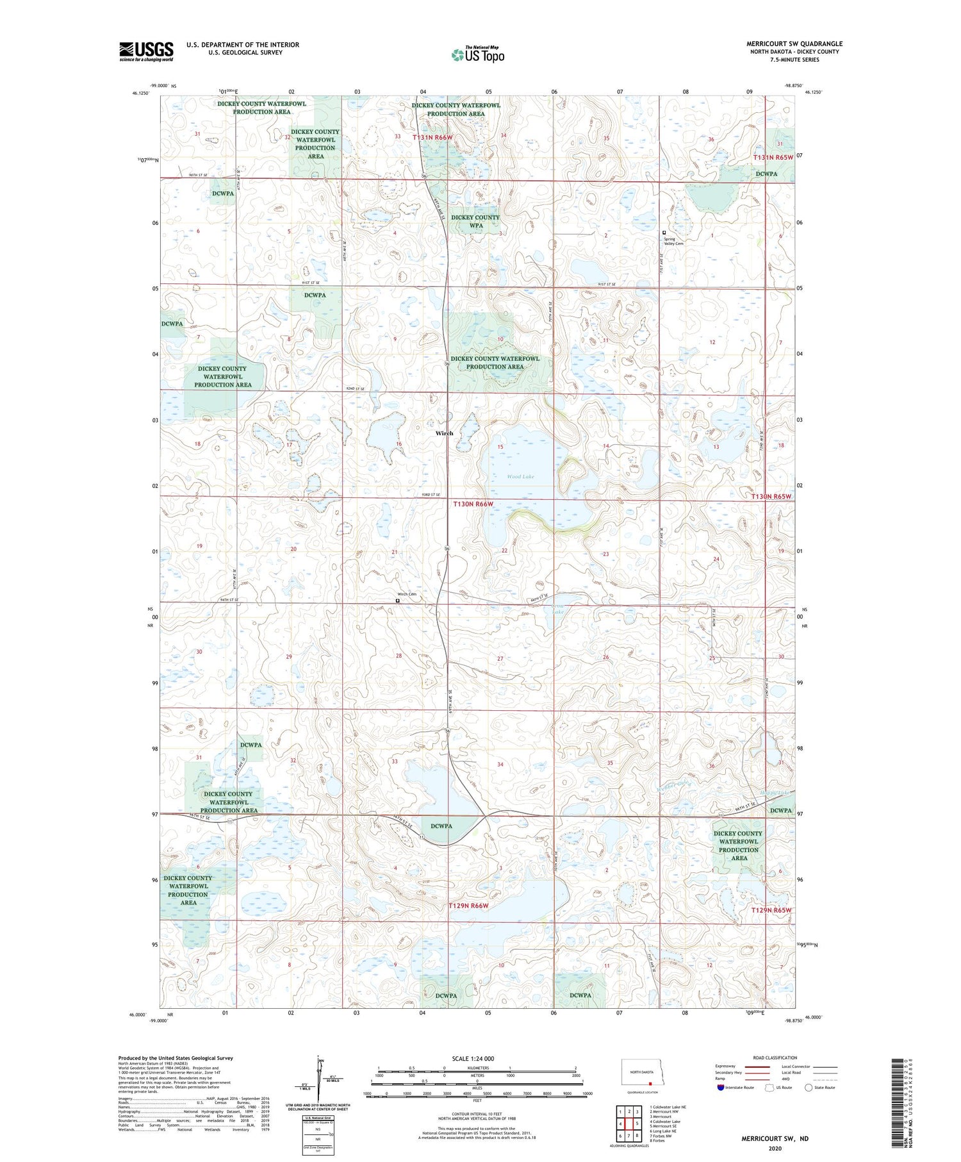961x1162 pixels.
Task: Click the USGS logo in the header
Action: click(x=146, y=51)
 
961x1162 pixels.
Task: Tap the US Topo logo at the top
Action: click(x=477, y=55)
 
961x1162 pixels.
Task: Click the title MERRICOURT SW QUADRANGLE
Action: click(x=794, y=44)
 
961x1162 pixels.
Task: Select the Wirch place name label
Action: click(x=444, y=433)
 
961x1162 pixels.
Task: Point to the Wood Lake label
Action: click(x=520, y=477)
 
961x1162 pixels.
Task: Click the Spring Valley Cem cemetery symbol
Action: click(x=664, y=233)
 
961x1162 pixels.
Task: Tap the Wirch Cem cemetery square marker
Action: click(x=397, y=601)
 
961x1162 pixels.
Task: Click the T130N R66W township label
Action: click(x=473, y=504)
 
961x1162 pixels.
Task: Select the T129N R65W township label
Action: click(x=771, y=910)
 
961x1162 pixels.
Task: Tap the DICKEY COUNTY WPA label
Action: click(x=475, y=221)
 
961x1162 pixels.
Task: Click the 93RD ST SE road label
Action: click(x=431, y=495)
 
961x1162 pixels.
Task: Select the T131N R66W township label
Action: click(x=432, y=138)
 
